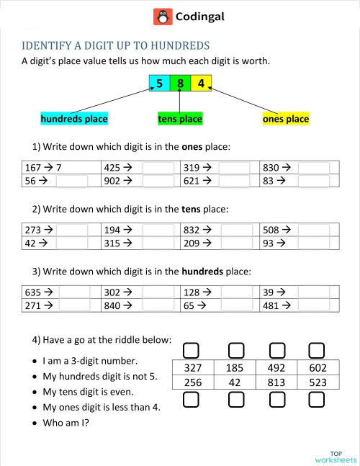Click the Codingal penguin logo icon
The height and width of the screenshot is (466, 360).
point(162,17)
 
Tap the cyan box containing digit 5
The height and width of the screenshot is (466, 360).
point(159,84)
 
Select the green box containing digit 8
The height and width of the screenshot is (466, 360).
point(180,84)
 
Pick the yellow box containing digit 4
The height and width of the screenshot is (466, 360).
point(201,84)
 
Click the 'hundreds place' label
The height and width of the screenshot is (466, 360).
point(75,119)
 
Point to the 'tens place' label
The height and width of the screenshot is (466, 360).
point(180,119)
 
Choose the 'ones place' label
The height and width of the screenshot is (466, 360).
point(286,119)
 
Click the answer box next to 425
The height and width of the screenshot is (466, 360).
point(158,168)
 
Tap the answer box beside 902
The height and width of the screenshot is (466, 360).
point(158,182)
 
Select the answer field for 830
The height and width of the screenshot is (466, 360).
point(314,168)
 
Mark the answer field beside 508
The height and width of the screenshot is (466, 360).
point(315,230)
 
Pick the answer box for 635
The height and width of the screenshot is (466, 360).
point(74,293)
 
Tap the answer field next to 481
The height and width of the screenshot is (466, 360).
point(315,307)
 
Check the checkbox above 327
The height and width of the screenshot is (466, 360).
point(192,351)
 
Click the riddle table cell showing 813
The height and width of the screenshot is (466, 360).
point(275,382)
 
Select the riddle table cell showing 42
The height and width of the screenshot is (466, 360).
point(234,382)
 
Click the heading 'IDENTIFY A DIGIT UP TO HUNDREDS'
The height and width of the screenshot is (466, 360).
point(116,45)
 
